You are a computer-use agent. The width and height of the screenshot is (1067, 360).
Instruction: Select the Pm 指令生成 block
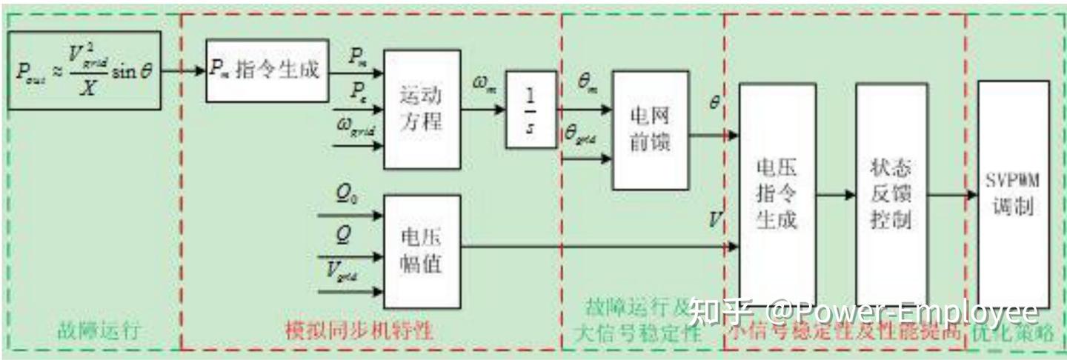267,70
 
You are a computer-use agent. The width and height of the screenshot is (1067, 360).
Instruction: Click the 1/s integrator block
531,110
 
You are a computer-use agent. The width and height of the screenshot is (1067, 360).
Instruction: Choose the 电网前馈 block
650,130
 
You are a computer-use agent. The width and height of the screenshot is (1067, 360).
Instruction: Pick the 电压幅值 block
421,250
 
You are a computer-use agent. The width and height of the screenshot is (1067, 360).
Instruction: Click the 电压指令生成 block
777,194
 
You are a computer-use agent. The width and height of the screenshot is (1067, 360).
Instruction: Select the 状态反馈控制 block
891,194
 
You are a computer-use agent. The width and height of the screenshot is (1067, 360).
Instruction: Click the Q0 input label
346,196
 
